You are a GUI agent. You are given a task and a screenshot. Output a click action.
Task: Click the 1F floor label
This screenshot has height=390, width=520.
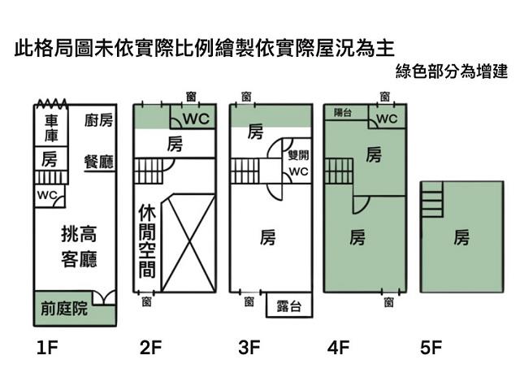click(48, 349)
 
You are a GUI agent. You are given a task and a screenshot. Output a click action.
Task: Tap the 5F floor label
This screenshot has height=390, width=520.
click(431, 349)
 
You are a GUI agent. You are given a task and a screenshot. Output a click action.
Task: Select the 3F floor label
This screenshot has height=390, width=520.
click(249, 349)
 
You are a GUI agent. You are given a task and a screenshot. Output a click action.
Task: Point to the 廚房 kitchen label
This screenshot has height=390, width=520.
click(98, 120)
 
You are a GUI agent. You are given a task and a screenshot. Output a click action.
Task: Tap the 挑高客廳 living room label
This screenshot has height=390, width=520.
click(79, 247)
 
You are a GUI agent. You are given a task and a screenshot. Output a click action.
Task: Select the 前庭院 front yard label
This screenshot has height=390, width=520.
click(64, 310)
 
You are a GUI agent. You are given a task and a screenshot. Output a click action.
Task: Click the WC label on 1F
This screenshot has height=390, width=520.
click(45, 195)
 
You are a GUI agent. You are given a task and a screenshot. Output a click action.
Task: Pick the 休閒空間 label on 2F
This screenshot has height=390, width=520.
click(146, 241)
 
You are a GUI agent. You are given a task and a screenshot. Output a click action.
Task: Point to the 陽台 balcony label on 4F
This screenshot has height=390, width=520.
click(343, 113)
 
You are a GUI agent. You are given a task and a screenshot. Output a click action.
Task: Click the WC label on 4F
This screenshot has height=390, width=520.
click(387, 119)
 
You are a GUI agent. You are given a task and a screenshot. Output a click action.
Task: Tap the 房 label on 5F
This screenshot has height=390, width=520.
click(461, 237)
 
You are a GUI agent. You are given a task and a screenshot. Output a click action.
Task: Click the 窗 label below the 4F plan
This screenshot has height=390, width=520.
click(388, 302)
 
